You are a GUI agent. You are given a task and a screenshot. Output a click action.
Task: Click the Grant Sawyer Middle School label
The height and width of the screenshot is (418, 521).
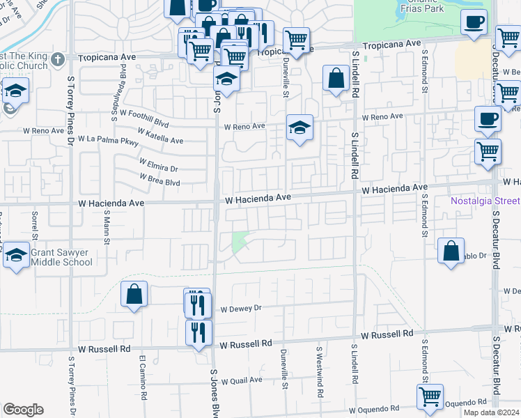click(x=62, y=257)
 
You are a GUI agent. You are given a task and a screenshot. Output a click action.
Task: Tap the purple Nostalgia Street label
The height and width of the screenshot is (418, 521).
click(x=485, y=201)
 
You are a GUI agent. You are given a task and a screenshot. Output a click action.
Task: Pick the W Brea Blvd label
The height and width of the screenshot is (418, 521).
click(x=160, y=179)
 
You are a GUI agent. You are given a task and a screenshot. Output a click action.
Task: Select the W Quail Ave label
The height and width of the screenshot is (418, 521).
click(x=241, y=380)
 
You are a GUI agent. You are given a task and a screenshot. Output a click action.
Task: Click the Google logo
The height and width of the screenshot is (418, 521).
click(x=23, y=410)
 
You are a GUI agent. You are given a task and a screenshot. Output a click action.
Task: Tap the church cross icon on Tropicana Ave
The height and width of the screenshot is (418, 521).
click(x=57, y=59)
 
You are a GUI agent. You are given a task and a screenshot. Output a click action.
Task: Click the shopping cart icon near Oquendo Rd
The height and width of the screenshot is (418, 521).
click(x=430, y=396)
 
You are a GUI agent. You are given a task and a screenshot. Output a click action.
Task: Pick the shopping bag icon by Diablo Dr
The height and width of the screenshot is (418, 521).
click(x=451, y=249)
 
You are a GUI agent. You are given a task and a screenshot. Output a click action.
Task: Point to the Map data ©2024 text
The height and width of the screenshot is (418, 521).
click(x=491, y=412)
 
